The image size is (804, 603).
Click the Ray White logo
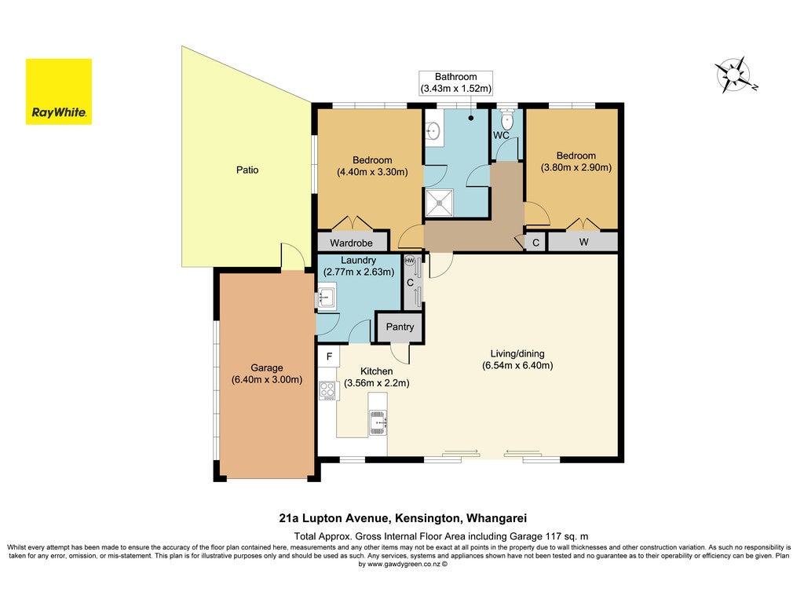[x=59, y=92]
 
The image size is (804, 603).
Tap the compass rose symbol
[x=734, y=75]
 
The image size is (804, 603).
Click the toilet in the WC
[x=506, y=120]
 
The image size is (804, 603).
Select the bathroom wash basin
[x=433, y=131]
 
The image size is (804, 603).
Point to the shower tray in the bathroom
[x=440, y=203]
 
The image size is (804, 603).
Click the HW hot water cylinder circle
[x=410, y=261]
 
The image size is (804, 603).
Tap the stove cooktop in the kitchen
[x=327, y=391]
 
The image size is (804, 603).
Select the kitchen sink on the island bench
[x=378, y=422]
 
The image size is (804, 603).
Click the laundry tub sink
[x=326, y=298]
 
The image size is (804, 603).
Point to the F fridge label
[x=329, y=356]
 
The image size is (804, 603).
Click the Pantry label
[x=400, y=327]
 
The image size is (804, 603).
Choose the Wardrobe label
[x=351, y=243]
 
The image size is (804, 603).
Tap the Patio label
[x=247, y=170]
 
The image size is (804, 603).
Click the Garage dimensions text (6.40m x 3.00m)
[x=267, y=380]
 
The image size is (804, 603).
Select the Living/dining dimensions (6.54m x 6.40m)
[x=517, y=366]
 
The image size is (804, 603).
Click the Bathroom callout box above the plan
[x=456, y=82]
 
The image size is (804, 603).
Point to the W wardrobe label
[x=583, y=242]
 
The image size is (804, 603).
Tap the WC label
[x=501, y=135]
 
